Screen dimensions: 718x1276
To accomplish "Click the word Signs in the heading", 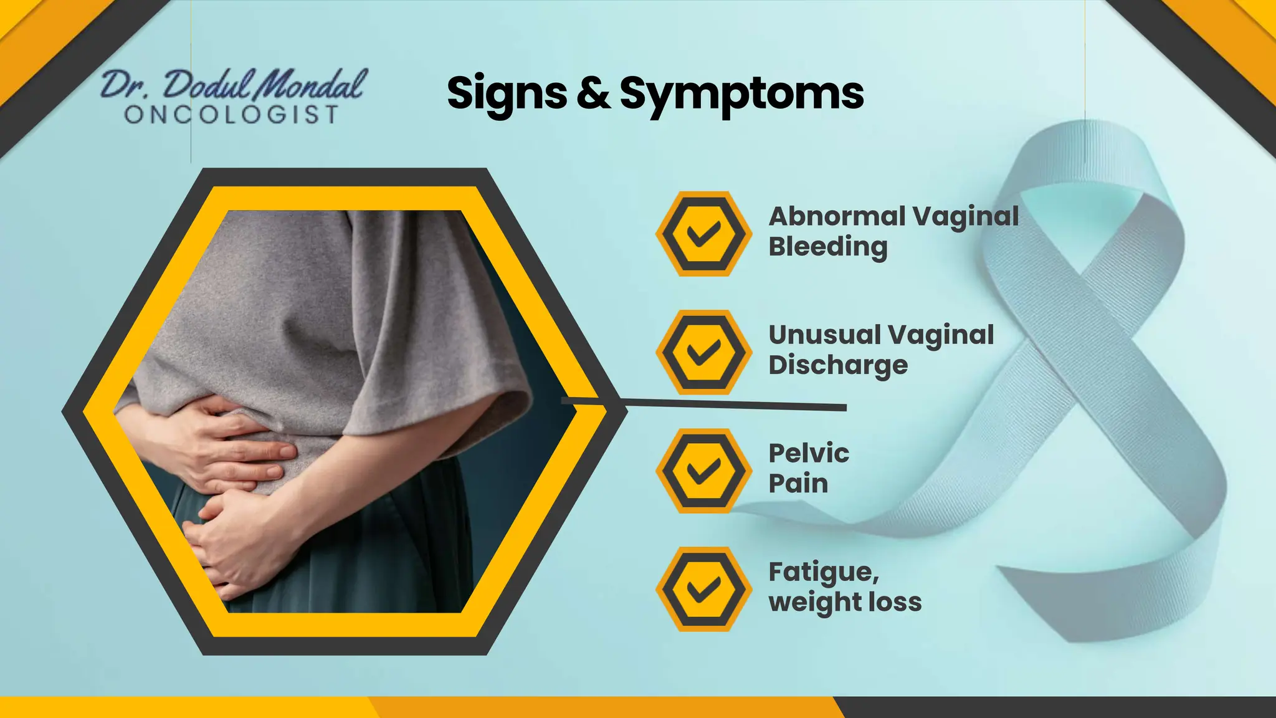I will (x=507, y=93).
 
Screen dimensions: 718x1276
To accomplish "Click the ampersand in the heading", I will (x=593, y=93).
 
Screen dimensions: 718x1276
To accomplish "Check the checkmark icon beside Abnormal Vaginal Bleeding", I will (x=703, y=234).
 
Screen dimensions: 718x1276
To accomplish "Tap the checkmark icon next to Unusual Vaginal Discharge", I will (x=703, y=352).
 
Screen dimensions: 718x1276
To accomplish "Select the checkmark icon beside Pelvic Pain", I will (x=703, y=471).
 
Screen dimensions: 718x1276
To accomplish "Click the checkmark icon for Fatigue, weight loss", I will (x=703, y=589).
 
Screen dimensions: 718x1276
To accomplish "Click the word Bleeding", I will (x=828, y=247).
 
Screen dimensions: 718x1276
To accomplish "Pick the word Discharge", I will (x=838, y=365).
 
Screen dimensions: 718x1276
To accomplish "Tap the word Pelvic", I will (x=809, y=454).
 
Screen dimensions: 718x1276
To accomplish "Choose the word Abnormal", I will (x=837, y=216).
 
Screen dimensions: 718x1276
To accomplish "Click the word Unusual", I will (x=822, y=335).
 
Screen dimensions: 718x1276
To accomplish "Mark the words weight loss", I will (x=845, y=602).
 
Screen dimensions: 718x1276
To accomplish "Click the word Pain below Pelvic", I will (x=798, y=484).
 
